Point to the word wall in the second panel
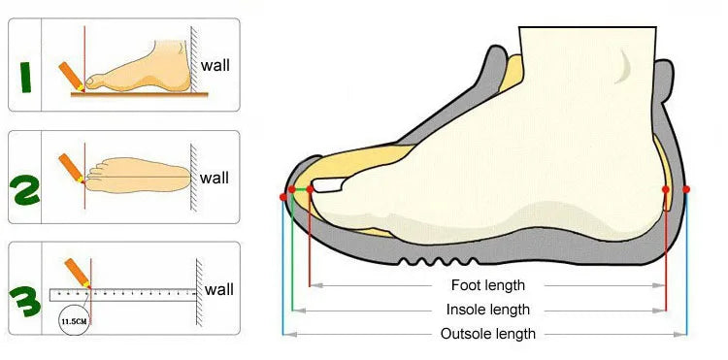click(215, 178)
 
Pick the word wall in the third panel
click(218, 289)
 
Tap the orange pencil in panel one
click(70, 76)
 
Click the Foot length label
click(487, 285)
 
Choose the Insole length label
click(487, 310)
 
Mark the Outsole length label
click(487, 334)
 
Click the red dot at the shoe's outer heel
click(686, 188)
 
